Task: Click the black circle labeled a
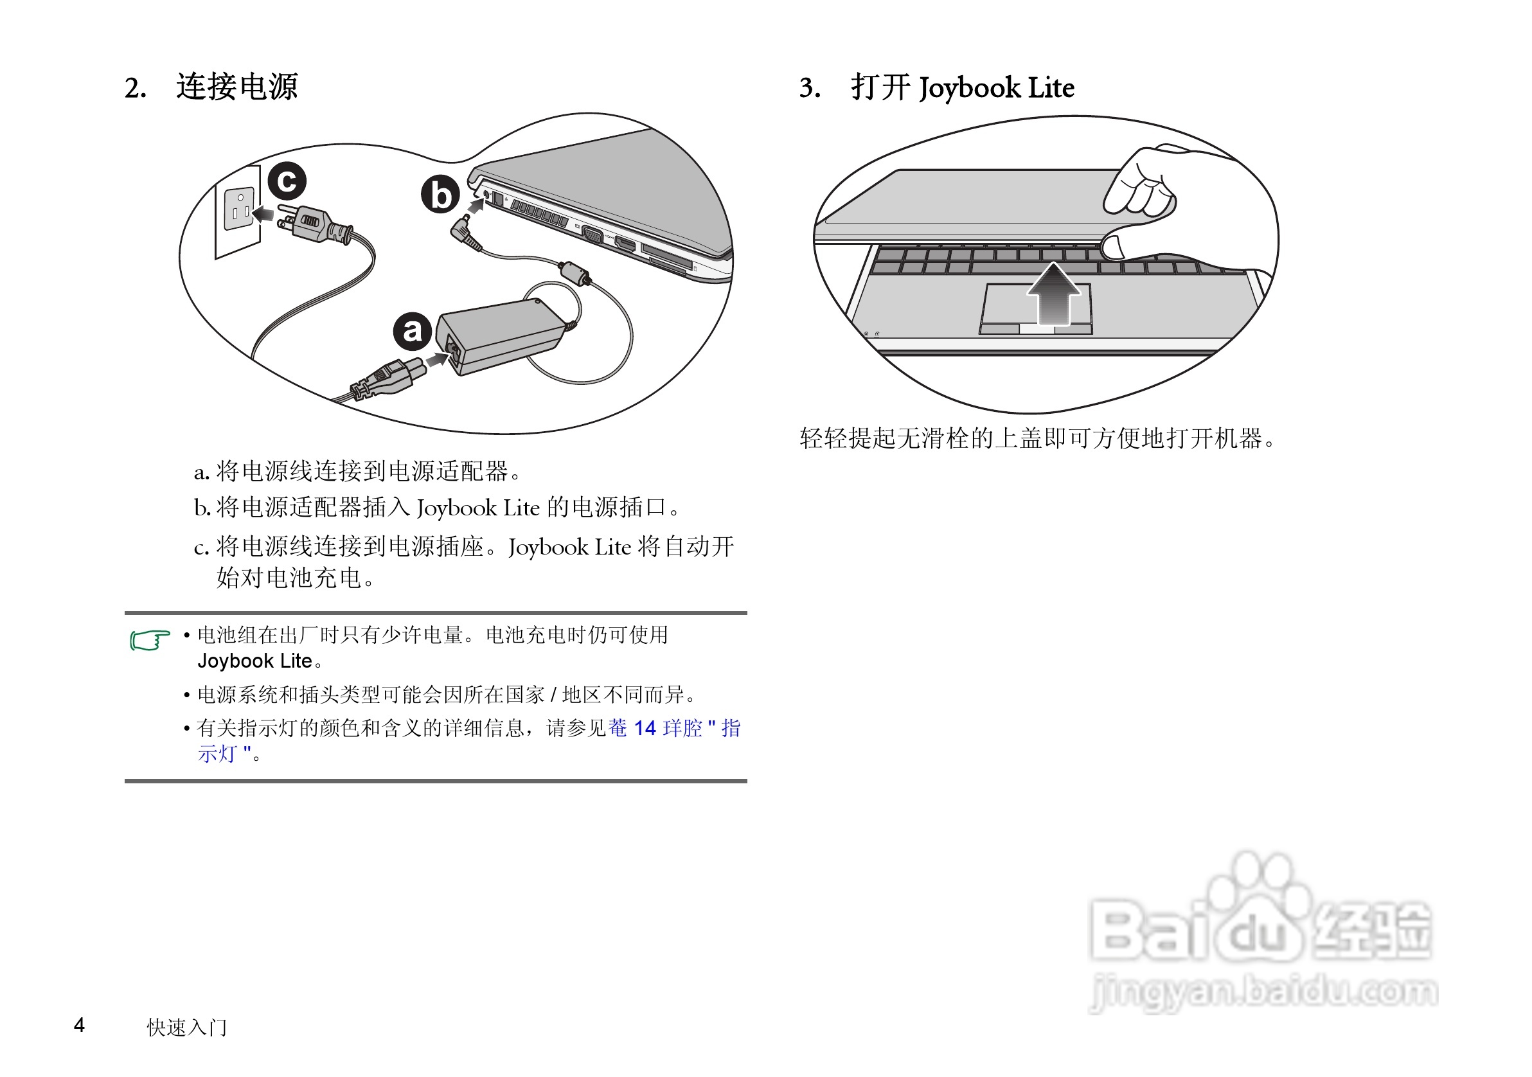(412, 330)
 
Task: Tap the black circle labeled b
(440, 195)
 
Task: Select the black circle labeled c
(287, 181)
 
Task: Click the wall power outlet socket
(240, 208)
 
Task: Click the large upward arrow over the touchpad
(1053, 294)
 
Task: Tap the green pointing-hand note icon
(150, 640)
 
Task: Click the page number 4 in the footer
(79, 1025)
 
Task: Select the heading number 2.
(135, 88)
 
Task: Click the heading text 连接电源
(237, 87)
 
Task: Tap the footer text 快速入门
(187, 1027)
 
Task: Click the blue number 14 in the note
(645, 728)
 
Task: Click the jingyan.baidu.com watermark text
(1263, 992)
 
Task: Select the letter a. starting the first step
(201, 472)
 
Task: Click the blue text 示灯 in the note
(217, 754)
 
